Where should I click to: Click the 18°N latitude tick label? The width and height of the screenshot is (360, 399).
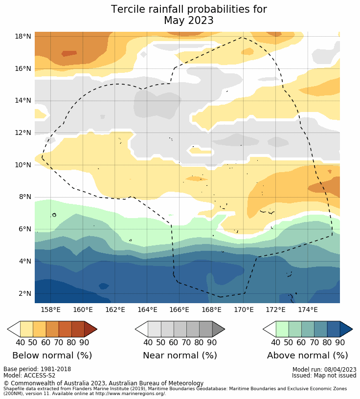click(x=23, y=36)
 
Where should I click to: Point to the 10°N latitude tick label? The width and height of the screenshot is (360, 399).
click(x=23, y=165)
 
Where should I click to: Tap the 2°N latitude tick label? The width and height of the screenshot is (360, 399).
click(x=25, y=294)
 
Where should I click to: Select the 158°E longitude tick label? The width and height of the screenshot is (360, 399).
click(x=50, y=310)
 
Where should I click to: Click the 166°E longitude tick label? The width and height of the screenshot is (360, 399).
click(x=179, y=310)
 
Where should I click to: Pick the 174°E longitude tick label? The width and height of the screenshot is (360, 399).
click(x=308, y=310)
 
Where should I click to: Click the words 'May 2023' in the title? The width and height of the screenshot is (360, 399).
click(x=189, y=21)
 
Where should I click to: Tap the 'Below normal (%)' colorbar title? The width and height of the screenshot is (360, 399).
click(x=52, y=355)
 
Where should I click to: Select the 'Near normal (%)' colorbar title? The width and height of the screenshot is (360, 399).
click(x=180, y=355)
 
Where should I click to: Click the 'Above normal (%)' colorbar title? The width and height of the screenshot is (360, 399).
click(x=307, y=355)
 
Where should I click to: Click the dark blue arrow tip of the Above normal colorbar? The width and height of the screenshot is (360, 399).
click(x=346, y=329)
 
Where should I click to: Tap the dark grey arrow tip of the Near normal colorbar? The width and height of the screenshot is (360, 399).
click(x=219, y=329)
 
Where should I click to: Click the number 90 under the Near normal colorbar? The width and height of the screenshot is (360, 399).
click(x=212, y=343)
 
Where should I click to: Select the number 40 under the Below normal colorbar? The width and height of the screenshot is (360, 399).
click(x=21, y=343)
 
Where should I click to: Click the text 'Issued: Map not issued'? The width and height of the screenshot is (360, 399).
click(x=324, y=376)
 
